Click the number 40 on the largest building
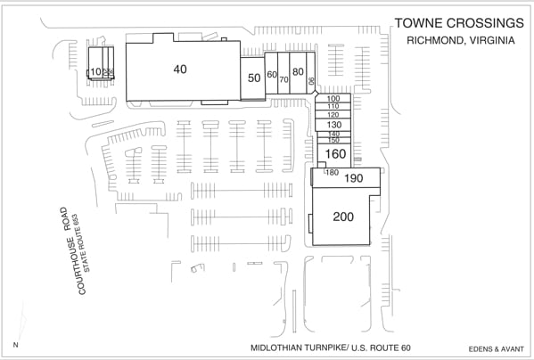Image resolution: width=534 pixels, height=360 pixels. tap(180, 70)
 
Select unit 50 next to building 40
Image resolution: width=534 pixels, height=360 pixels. tap(254, 78)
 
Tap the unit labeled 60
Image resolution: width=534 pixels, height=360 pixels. tap(272, 75)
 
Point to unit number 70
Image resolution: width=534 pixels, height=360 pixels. tap(283, 79)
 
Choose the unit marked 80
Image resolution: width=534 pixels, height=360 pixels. tap(298, 71)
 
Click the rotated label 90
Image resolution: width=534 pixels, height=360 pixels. tap(311, 81)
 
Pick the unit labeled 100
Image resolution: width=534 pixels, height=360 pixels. tap(333, 99)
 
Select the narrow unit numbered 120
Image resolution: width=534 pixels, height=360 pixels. tap(333, 115)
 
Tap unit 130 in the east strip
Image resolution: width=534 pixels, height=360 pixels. tap(333, 125)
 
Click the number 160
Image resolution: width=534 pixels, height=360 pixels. tap(336, 153)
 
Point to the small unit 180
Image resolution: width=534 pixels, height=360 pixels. tap(333, 172)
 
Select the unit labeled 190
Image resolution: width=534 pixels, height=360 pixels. tap(354, 178)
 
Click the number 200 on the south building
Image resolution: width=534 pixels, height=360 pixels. tap(343, 217)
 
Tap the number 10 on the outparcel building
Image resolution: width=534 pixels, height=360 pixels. tap(94, 72)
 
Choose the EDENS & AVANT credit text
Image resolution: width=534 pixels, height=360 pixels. tap(492, 348)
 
